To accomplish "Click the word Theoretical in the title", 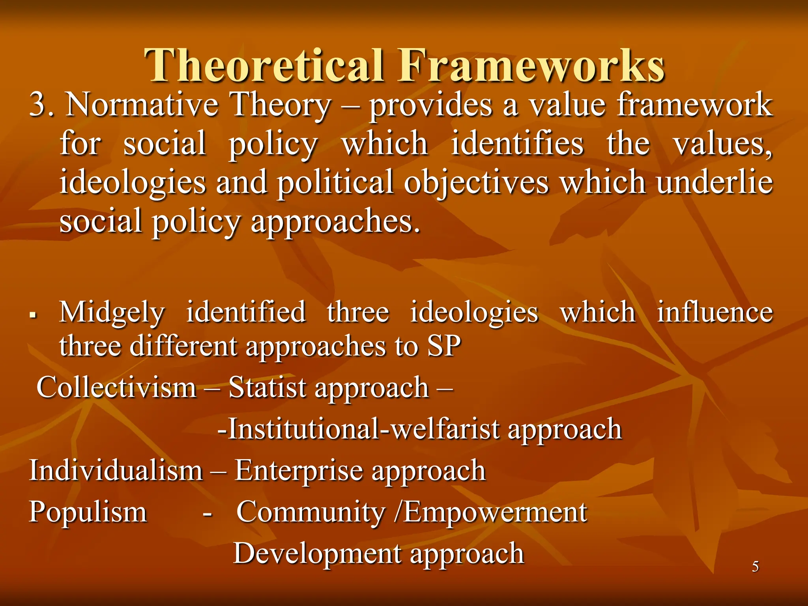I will [x=264, y=65].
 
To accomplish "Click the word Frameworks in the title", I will [x=531, y=65].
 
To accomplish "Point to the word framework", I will [x=694, y=105].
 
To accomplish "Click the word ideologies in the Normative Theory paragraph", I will [x=133, y=182].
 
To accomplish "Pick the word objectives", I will [x=476, y=182].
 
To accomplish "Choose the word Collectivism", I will [x=116, y=387].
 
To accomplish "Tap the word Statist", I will [x=267, y=387].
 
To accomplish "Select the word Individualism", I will [x=116, y=471].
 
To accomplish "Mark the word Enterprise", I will [x=298, y=471].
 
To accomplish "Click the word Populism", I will [x=88, y=512].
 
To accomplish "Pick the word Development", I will [x=317, y=554].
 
